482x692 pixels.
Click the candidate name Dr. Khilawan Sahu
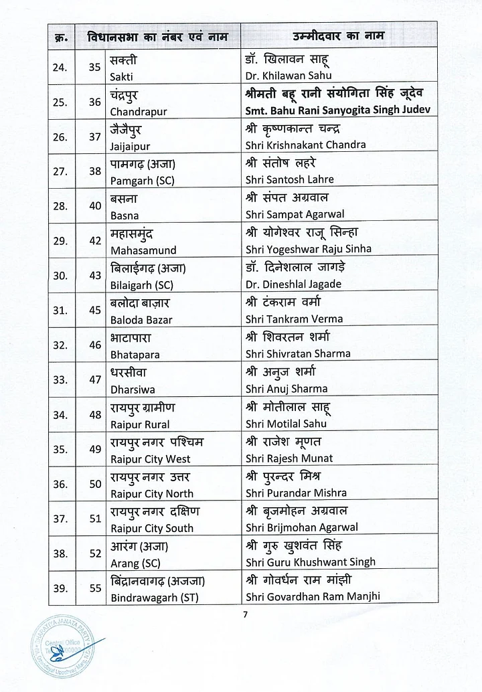coord(289,76)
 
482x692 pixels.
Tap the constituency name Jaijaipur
coord(130,145)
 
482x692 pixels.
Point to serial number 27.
coord(61,171)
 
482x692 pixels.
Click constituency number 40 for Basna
coord(95,205)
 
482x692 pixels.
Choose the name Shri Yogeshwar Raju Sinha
coord(308,249)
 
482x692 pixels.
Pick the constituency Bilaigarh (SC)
coord(141,284)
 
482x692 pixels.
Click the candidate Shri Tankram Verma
coord(294,319)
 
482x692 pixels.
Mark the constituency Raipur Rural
coord(140,424)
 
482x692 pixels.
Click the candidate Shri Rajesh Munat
coord(289,458)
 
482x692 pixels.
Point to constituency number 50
coord(95,484)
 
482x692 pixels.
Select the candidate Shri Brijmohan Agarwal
coord(302,527)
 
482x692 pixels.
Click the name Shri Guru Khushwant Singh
coord(311,562)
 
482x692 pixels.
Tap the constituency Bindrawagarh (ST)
coord(154,597)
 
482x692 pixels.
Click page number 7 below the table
coord(245,615)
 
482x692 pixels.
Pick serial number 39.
coord(61,588)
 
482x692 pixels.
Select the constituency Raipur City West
coord(150,458)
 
